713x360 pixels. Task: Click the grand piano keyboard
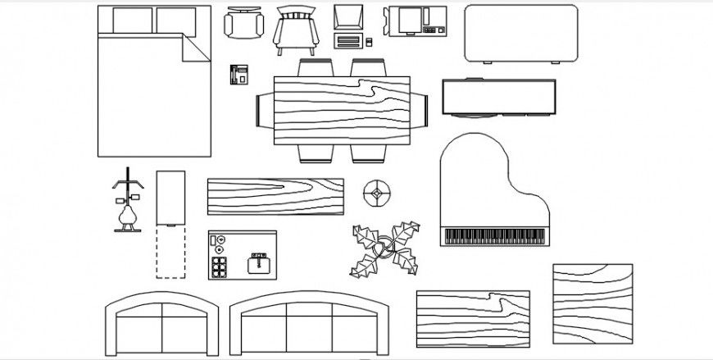pyautogui.click(x=494, y=237)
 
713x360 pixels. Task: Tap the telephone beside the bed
pyautogui.click(x=238, y=74)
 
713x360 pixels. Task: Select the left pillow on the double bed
pyautogui.click(x=131, y=21)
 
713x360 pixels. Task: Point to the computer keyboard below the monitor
pyautogui.click(x=348, y=40)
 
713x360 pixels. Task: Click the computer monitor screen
pyautogui.click(x=347, y=17)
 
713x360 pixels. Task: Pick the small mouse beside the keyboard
pyautogui.click(x=369, y=41)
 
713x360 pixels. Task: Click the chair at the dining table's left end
pyautogui.click(x=262, y=111)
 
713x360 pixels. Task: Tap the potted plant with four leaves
pyautogui.click(x=384, y=248)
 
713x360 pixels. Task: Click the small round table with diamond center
pyautogui.click(x=376, y=194)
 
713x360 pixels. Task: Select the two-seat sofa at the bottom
pyautogui.click(x=163, y=328)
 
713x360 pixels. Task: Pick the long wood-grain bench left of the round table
pyautogui.click(x=275, y=196)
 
